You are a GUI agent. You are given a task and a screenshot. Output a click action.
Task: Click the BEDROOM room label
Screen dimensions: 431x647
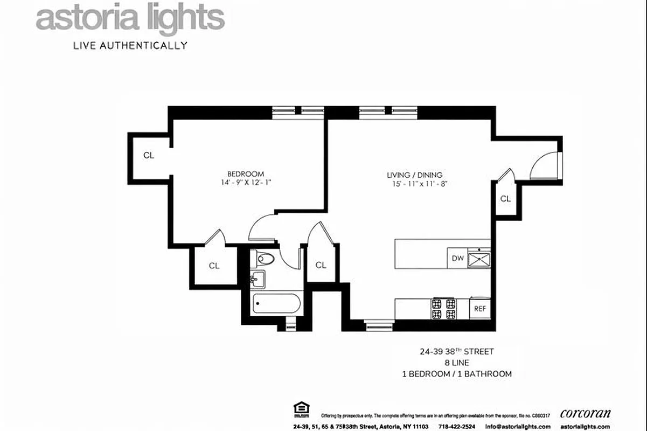[x=246, y=174]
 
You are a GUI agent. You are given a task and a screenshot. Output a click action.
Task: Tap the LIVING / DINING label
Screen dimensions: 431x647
[x=415, y=175]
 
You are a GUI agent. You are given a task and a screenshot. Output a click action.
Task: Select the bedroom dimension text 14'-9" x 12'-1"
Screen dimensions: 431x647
[x=246, y=183]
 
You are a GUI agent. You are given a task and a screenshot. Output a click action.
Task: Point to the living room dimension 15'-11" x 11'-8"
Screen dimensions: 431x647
[x=421, y=184]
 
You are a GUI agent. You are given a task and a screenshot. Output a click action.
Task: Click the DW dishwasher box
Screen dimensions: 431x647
[x=457, y=259]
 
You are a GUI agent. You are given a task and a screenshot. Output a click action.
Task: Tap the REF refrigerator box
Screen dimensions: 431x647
[x=479, y=309]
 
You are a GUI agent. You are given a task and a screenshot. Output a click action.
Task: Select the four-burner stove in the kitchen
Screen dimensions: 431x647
[x=443, y=309]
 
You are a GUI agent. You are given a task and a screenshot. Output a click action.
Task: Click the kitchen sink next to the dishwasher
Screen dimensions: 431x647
[x=479, y=259]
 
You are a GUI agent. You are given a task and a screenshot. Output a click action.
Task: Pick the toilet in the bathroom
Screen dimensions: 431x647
[x=265, y=259]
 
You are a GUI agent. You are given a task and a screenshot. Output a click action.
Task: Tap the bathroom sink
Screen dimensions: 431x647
[x=257, y=279]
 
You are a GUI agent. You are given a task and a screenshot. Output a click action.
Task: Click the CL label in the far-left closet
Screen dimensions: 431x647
[x=149, y=156]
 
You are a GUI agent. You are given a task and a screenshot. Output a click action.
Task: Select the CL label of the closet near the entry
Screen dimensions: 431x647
[x=505, y=199]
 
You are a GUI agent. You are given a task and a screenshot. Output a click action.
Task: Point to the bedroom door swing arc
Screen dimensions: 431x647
[x=261, y=226]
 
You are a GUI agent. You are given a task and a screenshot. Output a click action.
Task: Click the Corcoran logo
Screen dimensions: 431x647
[x=586, y=414]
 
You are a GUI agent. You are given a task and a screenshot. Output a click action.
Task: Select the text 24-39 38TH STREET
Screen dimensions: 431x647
[x=457, y=352]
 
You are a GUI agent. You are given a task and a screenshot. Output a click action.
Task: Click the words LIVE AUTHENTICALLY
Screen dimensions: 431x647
[x=130, y=46]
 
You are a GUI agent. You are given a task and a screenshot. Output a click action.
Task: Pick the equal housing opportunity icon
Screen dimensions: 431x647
[x=298, y=409]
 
